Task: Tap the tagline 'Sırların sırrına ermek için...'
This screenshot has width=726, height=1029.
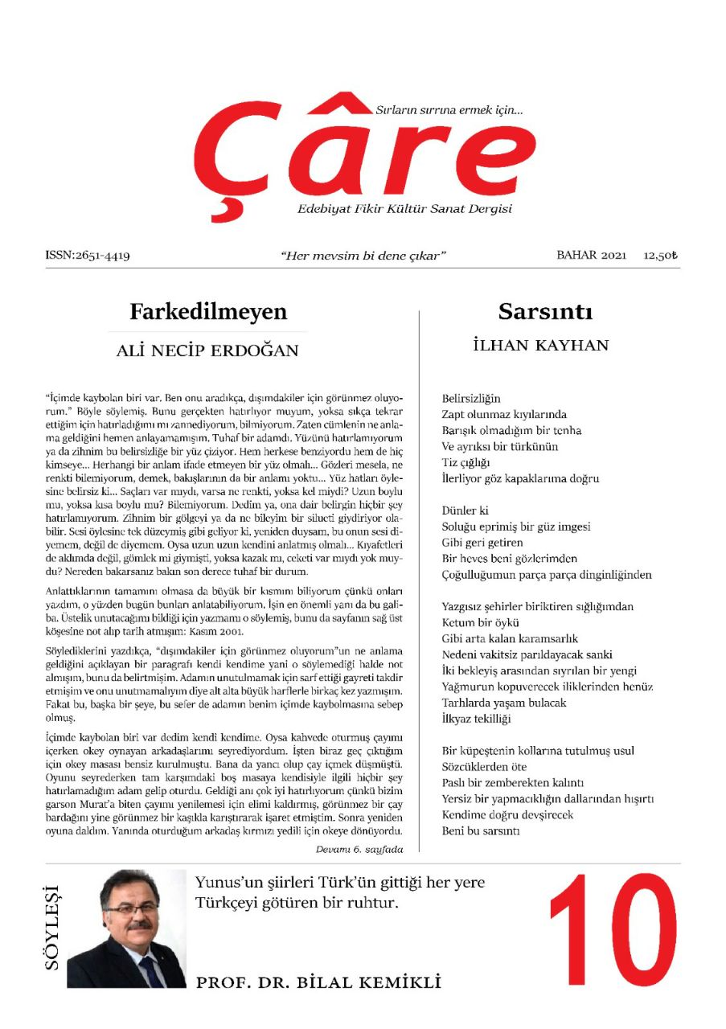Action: coord(449,109)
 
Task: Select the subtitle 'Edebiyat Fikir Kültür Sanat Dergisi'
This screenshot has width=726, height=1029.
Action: coord(404,210)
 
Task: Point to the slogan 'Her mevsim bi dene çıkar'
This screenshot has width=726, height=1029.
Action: coord(363,256)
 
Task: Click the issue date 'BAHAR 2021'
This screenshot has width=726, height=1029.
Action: coord(591,256)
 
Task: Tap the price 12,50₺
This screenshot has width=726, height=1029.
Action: coord(660,256)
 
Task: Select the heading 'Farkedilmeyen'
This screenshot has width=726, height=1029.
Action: coord(207,311)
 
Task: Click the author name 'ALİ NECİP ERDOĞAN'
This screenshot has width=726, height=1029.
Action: coord(207,351)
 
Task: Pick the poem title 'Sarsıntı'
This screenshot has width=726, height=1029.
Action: coord(545,311)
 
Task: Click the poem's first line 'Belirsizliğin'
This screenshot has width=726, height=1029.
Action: coord(471,398)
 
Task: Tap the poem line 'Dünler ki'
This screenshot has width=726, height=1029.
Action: coord(466,510)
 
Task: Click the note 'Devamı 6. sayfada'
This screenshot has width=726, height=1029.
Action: coord(359,849)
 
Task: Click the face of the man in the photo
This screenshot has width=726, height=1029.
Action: coord(129,912)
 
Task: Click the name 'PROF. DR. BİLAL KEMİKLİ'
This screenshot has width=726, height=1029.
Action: coord(318,982)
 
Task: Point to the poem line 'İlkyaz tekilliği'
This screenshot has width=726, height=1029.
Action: coord(476,719)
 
